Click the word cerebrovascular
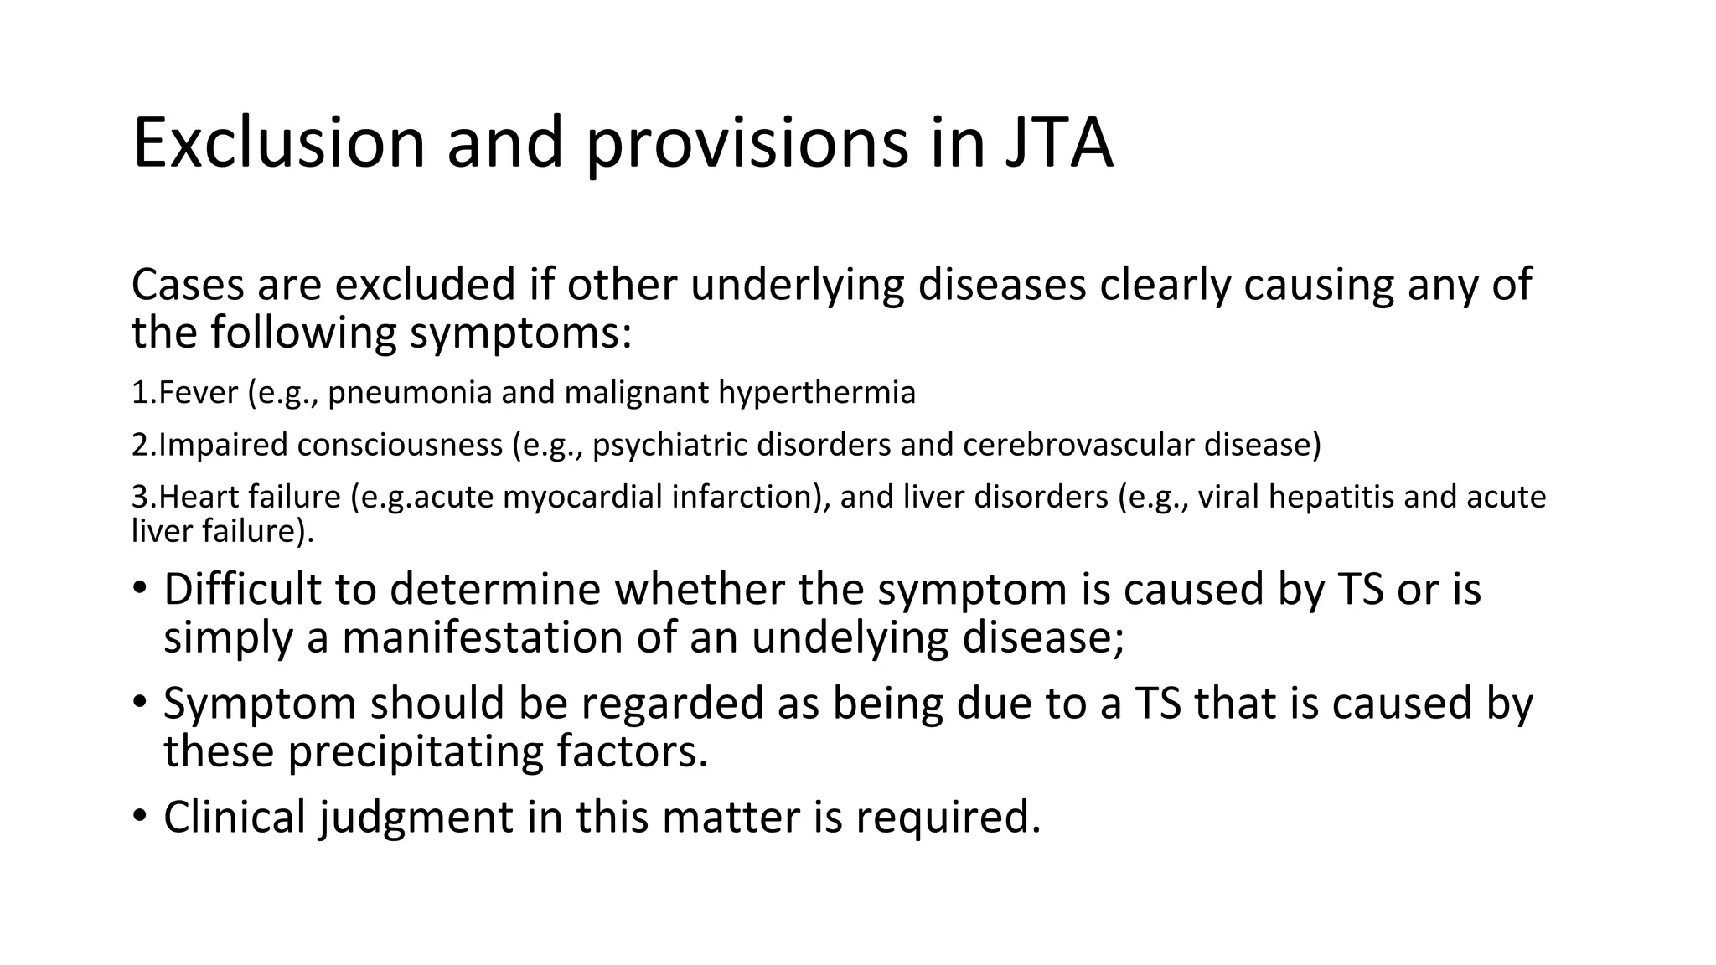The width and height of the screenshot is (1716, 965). click(x=1078, y=445)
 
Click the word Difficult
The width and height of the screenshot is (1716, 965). click(x=242, y=589)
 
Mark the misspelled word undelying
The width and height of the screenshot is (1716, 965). click(x=849, y=638)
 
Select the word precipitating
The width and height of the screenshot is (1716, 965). click(x=416, y=751)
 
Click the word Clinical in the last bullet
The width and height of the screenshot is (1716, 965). click(x=235, y=817)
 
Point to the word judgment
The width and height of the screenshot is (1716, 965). click(x=416, y=818)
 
